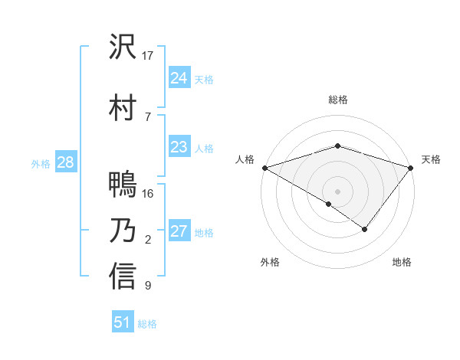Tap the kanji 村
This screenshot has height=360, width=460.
[123, 106]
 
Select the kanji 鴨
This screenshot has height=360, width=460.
[123, 185]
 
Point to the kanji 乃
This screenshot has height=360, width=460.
[123, 231]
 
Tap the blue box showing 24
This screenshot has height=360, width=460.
[179, 78]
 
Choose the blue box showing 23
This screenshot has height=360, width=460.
[179, 147]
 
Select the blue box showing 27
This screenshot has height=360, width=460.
[179, 231]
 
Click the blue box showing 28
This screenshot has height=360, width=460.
[65, 162]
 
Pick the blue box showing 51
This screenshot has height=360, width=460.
[123, 322]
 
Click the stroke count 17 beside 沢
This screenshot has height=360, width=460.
[148, 56]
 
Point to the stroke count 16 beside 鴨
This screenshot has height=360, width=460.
[148, 194]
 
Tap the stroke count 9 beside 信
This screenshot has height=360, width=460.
[148, 286]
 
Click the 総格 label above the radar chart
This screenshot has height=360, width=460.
[337, 100]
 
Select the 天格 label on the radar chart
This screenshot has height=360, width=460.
[431, 159]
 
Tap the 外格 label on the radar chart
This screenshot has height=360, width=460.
[270, 262]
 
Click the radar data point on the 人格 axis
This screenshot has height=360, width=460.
[264, 167]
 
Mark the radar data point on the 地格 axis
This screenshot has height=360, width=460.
[365, 229]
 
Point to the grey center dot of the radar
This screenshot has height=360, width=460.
[337, 191]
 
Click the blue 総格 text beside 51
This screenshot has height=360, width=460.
[147, 324]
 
